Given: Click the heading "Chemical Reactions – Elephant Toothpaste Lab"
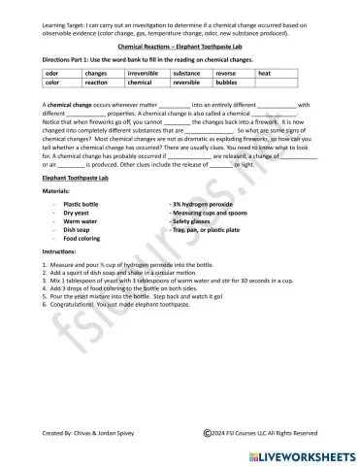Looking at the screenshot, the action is click(180, 46).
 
